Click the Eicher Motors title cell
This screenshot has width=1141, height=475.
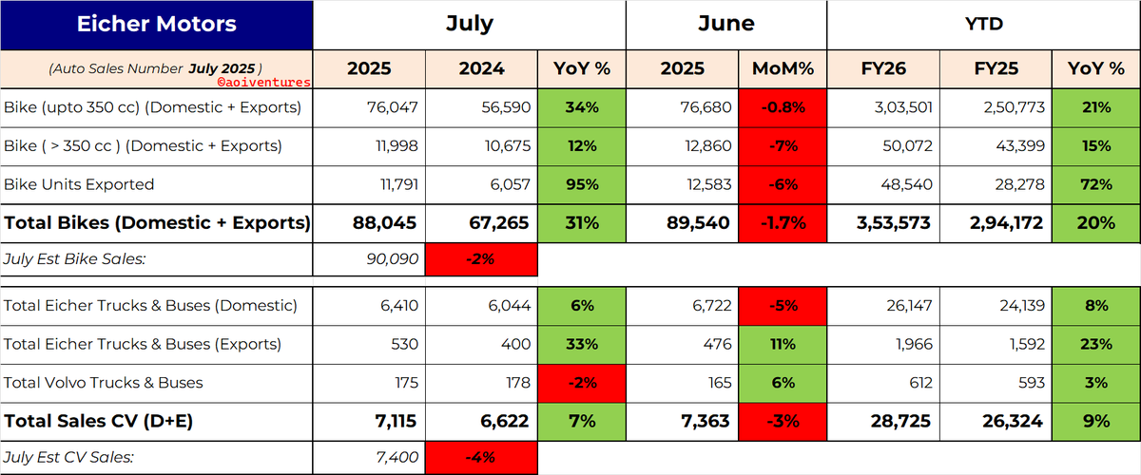click(156, 25)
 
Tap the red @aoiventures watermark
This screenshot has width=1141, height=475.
click(264, 82)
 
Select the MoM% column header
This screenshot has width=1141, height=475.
click(783, 68)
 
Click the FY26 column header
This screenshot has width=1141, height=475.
click(883, 68)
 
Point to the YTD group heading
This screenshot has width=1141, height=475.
click(983, 24)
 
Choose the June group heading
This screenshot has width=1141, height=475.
click(726, 24)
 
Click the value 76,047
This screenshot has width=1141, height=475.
click(392, 107)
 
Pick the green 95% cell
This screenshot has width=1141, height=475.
click(582, 185)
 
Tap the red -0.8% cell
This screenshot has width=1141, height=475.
click(783, 108)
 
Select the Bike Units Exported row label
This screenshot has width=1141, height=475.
click(79, 184)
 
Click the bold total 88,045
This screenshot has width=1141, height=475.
click(384, 223)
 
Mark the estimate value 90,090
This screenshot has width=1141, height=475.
click(392, 259)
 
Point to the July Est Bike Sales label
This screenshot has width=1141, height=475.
click(75, 259)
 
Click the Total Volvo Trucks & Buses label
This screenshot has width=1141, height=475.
click(104, 382)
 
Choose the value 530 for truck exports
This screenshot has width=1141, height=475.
click(404, 344)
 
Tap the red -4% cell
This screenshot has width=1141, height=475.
click(481, 457)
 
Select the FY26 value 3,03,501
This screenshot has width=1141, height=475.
click(903, 107)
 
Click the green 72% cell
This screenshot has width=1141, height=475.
click(1095, 185)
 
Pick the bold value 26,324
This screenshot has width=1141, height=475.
click(1013, 421)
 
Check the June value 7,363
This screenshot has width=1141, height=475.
click(706, 421)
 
